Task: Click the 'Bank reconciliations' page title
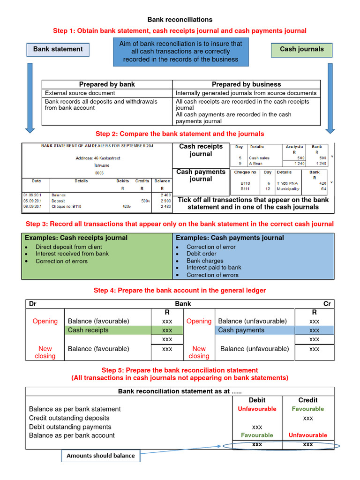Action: pyautogui.click(x=180, y=20)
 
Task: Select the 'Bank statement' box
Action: pyautogui.click(x=58, y=49)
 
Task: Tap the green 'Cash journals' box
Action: pyautogui.click(x=301, y=49)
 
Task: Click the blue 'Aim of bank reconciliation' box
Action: pyautogui.click(x=180, y=52)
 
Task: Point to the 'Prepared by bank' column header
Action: pyautogui.click(x=107, y=84)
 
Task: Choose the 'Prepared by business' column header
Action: pyautogui.click(x=246, y=84)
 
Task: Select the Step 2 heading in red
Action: pyautogui.click(x=180, y=134)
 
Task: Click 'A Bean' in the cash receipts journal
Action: pyautogui.click(x=256, y=164)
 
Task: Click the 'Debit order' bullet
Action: pyautogui.click(x=201, y=254)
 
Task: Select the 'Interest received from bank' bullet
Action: pyautogui.click(x=72, y=254)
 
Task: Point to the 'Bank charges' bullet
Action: pyautogui.click(x=205, y=261)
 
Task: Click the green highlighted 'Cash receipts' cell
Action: pyautogui.click(x=88, y=330)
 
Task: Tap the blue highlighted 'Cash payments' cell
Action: pyautogui.click(x=241, y=330)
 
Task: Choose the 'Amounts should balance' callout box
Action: pyautogui.click(x=101, y=456)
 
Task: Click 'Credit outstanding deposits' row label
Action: pyautogui.click(x=69, y=418)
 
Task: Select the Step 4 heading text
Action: pyautogui.click(x=180, y=291)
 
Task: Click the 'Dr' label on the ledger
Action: pyautogui.click(x=33, y=304)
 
